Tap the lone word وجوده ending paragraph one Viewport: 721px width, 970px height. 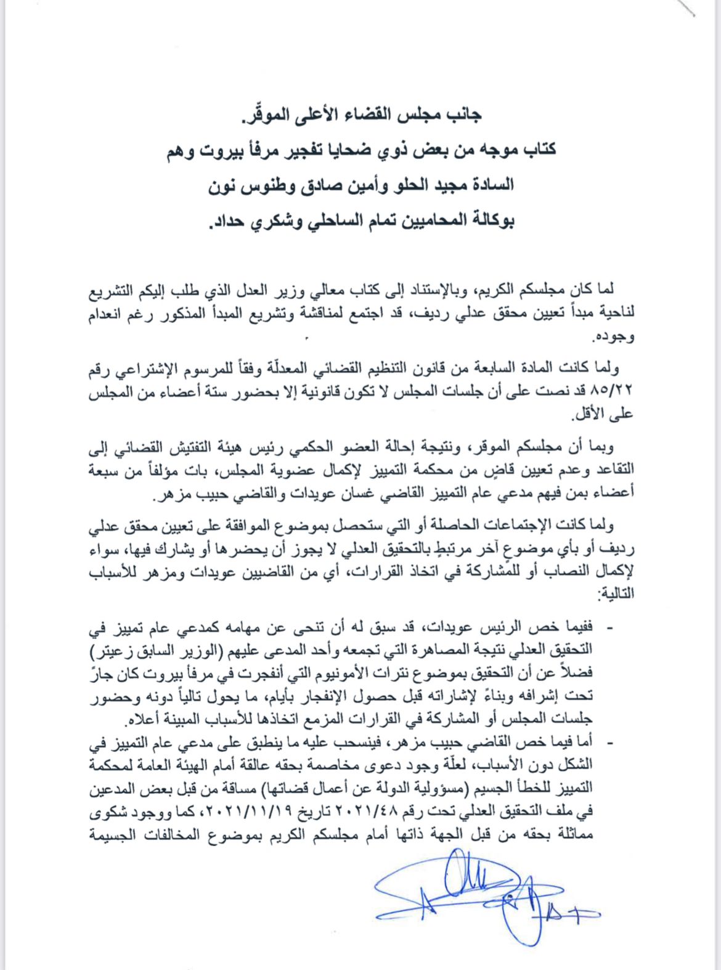613,337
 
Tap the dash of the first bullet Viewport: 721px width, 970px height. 610,628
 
